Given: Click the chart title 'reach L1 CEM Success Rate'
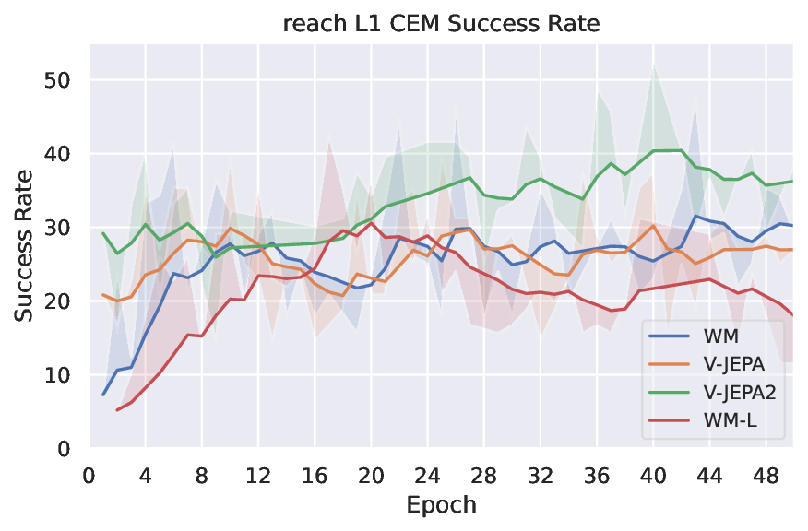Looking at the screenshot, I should tap(441, 24).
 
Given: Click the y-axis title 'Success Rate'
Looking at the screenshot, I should tap(25, 245).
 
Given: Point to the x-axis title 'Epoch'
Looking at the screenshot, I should tap(441, 505).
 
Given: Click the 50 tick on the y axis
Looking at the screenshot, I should tap(60, 80).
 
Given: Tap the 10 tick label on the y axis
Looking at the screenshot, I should tap(60, 375).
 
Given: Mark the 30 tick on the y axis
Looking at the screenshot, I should tap(60, 228).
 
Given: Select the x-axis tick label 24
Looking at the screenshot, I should tap(427, 476).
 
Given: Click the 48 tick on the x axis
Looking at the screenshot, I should tap(765, 476).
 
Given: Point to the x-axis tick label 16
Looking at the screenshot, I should tap(315, 476).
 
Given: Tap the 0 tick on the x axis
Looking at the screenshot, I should tap(89, 476).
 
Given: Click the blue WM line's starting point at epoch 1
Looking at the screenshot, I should tap(103, 395).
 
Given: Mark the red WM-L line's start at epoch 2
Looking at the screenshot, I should tap(117, 409).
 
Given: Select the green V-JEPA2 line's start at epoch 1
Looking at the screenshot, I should tap(103, 233).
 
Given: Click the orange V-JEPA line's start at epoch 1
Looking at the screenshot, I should tap(103, 295).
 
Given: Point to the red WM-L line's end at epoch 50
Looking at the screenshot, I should tap(792, 315).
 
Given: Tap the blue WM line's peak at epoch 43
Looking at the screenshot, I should tap(695, 216).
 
